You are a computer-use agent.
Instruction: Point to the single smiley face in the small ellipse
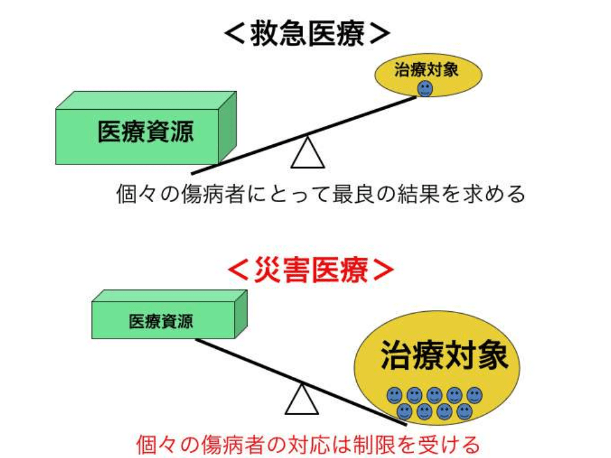[x=425, y=89]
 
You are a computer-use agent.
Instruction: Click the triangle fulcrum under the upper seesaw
[x=307, y=154]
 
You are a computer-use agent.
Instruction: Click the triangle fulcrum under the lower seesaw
[x=302, y=400]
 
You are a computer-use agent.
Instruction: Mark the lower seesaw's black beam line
[x=251, y=361]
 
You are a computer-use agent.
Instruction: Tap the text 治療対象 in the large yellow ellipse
[x=445, y=356]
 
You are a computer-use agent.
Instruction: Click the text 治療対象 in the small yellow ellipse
[x=427, y=69]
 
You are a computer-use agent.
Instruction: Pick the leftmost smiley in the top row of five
[x=395, y=395]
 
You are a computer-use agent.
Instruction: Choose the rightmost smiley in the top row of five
[x=475, y=395]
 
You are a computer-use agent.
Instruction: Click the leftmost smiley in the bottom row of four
[x=405, y=411]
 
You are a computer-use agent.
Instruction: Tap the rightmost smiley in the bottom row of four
[x=465, y=411]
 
